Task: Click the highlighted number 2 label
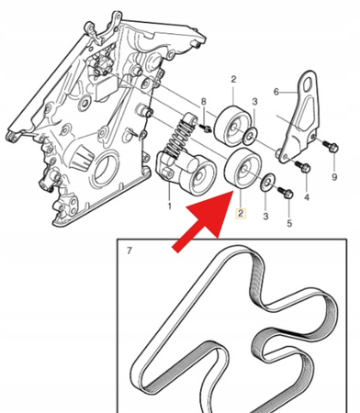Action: (x=241, y=215)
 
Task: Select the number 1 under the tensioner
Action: (x=169, y=207)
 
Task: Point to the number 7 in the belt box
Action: (x=129, y=251)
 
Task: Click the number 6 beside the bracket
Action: (x=276, y=91)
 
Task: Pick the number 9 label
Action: (x=334, y=176)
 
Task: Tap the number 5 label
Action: (x=288, y=222)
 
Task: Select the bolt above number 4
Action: (x=303, y=166)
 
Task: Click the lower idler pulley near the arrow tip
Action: (x=242, y=173)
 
